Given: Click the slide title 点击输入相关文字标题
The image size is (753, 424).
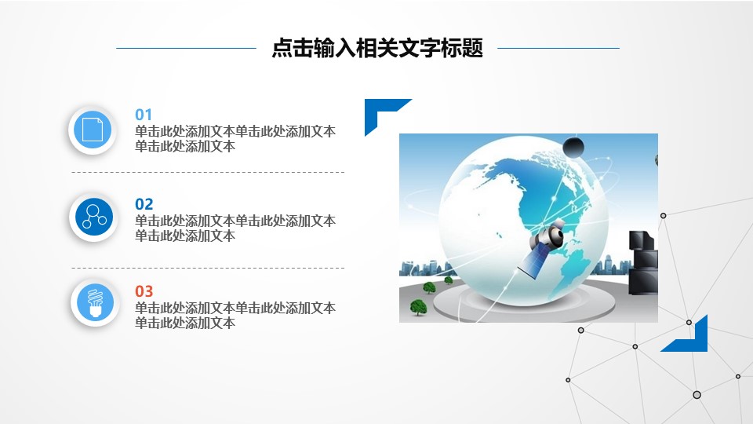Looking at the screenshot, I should point(376,49).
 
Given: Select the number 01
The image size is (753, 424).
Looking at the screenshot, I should point(144,114).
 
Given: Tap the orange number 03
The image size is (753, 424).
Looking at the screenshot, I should point(144,291).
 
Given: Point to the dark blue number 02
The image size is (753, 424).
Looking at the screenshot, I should point(144,204).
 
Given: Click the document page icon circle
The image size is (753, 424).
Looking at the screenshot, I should point(93,129).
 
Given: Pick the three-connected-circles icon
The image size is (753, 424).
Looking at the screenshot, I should point(93,216).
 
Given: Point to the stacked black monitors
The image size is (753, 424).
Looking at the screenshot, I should point(643,262).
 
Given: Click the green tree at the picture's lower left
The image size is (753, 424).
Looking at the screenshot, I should point(419,307).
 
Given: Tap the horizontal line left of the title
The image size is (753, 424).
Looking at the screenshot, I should point(186,49).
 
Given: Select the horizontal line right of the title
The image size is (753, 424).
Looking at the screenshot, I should point(558,49).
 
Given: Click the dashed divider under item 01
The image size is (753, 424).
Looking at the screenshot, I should point(208,172).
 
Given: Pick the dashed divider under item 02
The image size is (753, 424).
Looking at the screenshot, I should point(208,268).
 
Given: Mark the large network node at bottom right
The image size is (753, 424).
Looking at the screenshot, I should point(697,394).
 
